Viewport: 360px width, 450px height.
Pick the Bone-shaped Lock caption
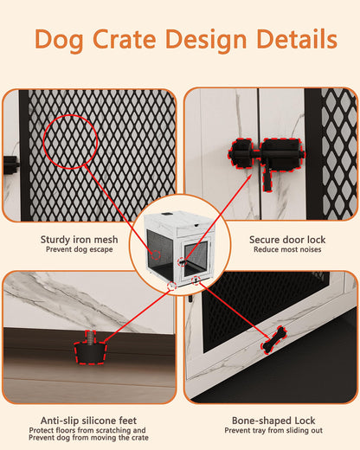click(274, 418)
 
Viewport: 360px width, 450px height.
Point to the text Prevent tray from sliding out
click(274, 429)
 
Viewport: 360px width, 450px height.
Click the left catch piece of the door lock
click(242, 156)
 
